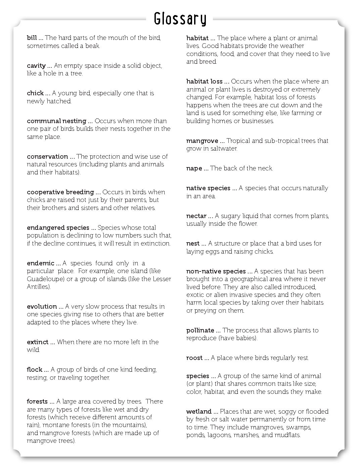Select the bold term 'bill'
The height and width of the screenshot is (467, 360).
tap(32, 38)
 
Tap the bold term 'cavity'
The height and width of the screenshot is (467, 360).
tap(36, 66)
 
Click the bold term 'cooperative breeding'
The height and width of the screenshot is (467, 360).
tap(60, 192)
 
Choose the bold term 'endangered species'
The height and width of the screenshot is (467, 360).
tap(58, 228)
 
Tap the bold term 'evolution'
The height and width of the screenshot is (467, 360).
tap(42, 307)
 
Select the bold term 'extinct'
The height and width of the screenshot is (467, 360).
tap(38, 342)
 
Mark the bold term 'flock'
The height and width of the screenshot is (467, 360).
tap(35, 370)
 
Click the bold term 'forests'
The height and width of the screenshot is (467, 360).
tap(37, 402)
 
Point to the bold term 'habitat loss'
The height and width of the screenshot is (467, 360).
tap(205, 82)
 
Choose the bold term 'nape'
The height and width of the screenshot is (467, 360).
tap(194, 168)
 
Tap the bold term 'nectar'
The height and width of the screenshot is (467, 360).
tap(196, 216)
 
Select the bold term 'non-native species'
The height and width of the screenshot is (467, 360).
tap(216, 271)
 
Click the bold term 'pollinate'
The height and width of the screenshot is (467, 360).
tap(200, 330)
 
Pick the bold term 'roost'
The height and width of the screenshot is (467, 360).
tap(194, 358)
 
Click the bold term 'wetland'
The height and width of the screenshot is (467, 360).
tap(199, 412)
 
